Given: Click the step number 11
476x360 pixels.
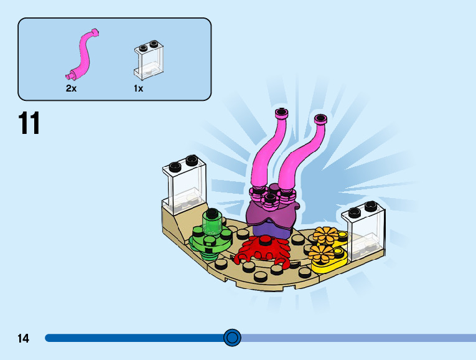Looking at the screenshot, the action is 29,123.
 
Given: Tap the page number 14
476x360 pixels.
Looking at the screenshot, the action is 24,338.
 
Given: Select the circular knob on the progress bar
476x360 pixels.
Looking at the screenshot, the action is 232,338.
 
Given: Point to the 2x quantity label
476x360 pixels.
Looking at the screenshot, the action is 71,88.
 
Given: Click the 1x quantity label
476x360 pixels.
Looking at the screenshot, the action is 138,88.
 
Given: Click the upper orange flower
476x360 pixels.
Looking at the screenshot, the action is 324,236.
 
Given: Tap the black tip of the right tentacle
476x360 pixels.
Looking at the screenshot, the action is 320,118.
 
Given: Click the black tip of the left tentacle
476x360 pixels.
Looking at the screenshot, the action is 281,114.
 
